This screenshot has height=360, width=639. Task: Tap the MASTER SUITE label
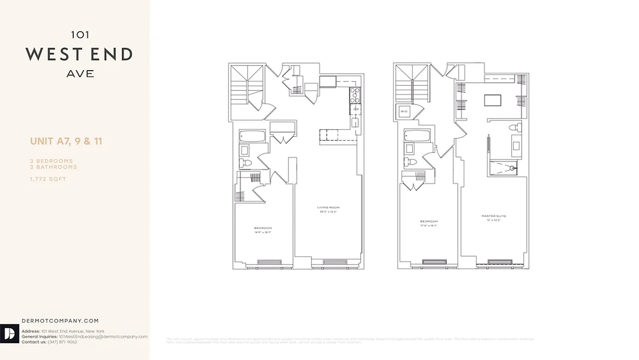click(494, 216)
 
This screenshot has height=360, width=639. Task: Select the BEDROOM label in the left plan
click(263, 228)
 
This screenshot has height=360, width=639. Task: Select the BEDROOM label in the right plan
click(429, 221)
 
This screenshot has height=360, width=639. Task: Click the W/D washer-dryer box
click(404, 111)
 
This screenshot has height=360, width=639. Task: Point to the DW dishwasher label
click(355, 109)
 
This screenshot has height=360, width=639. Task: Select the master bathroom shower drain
click(512, 168)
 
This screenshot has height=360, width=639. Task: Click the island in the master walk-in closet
click(492, 100)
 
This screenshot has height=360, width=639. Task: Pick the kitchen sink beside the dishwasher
click(355, 122)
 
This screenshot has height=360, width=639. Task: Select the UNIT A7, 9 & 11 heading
click(66, 141)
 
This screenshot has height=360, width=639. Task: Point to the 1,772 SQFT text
click(48, 179)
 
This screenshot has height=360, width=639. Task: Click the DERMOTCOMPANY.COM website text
click(60, 321)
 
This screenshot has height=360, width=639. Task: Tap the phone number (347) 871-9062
click(62, 342)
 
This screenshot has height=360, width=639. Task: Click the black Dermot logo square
click(9, 333)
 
